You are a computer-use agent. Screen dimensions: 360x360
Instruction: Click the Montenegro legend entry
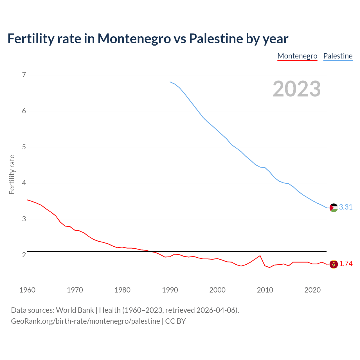(297, 56)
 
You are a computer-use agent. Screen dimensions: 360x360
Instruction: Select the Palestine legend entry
(338, 56)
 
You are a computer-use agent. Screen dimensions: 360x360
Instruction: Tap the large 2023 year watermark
(296, 89)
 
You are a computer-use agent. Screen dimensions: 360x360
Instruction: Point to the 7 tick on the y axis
(24, 75)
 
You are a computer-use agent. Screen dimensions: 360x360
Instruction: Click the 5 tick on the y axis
(24, 147)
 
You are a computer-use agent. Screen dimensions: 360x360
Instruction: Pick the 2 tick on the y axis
(24, 255)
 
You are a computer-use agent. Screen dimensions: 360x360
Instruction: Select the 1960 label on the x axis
(27, 290)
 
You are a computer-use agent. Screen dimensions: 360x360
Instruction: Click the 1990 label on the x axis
(170, 290)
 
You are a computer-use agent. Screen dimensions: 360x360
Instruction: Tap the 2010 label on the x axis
(265, 290)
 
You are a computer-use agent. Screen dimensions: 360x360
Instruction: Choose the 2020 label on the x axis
(312, 290)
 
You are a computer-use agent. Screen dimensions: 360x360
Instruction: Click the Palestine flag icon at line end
(334, 208)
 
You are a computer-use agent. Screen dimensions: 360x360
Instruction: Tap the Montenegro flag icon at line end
(334, 264)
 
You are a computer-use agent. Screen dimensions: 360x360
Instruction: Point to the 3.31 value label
(346, 207)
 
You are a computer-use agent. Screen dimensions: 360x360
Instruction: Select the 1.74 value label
(346, 264)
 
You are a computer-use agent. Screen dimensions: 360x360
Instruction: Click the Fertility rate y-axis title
(12, 174)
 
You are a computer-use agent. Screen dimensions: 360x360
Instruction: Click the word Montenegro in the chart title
(134, 39)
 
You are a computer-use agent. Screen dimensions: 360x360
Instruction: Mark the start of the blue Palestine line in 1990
(170, 82)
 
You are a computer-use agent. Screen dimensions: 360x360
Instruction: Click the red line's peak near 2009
(260, 256)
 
